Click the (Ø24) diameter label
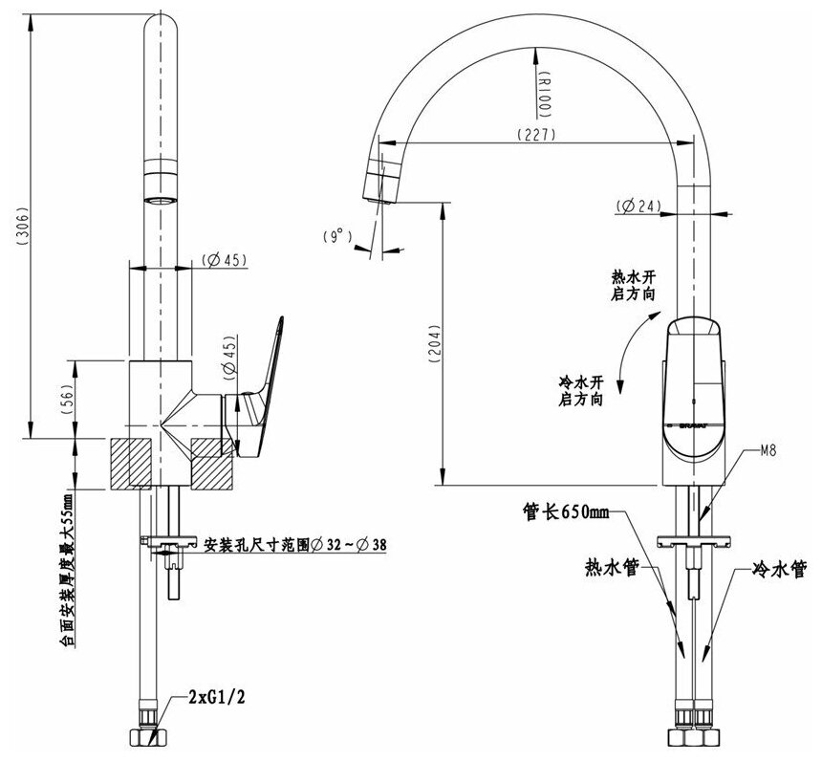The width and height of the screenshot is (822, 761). [x=639, y=206]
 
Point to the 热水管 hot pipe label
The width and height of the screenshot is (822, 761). [x=612, y=567]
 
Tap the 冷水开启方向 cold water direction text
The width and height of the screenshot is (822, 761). [x=580, y=391]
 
